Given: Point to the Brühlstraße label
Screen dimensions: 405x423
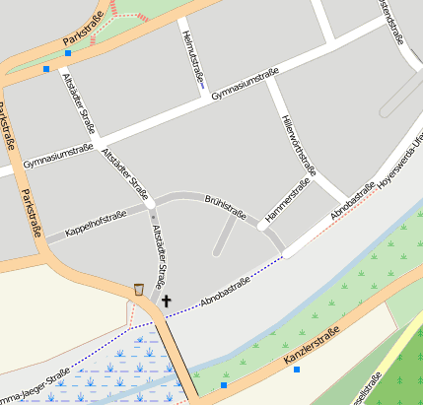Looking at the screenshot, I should click(225, 205).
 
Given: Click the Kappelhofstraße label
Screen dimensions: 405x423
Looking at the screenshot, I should click(97, 225).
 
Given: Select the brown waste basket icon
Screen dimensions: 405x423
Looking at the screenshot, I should click(139, 290).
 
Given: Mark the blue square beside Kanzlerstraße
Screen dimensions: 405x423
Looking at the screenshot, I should click(296, 370).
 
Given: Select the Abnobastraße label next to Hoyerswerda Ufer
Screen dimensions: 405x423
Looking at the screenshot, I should click(352, 199).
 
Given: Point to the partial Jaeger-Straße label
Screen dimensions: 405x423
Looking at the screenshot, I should click(35, 382).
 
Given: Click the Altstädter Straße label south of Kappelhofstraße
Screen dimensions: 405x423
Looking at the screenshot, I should click(160, 254).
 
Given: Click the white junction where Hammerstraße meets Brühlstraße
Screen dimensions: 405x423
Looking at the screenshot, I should click(263, 225).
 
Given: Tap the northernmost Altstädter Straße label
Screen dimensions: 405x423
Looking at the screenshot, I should click(79, 102).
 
